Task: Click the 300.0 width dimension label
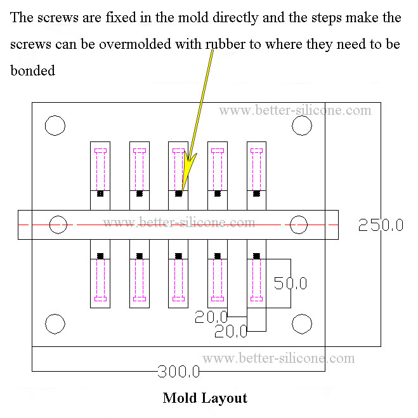179,370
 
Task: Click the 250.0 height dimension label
381,225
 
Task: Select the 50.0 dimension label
291,283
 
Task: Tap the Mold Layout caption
204,398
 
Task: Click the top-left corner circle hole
55,126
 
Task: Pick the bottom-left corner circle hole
55,324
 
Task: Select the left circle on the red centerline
58,224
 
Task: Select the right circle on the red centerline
299,224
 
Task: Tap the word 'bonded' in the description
33,70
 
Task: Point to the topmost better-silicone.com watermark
295,110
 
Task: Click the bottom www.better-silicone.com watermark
278,358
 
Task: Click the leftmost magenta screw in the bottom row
100,279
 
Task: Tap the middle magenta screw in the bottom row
178,279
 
